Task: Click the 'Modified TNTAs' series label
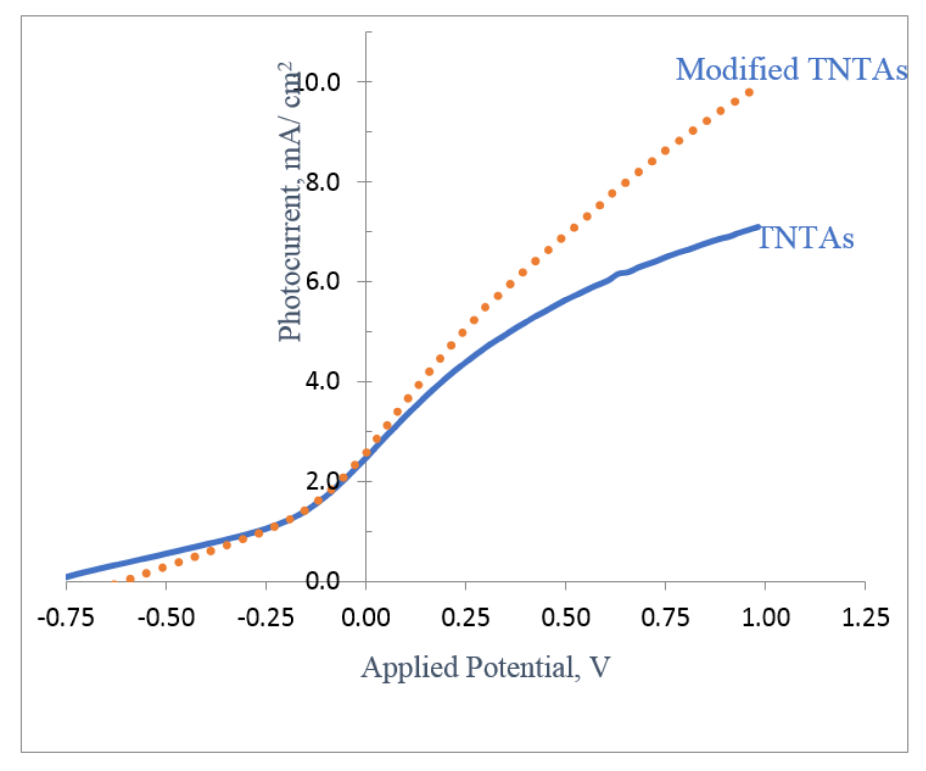point(791,70)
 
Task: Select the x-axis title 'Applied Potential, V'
point(485,667)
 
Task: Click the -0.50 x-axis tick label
point(166,618)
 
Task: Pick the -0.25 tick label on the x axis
point(266,618)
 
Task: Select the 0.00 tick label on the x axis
point(366,618)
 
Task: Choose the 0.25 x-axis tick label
point(466,618)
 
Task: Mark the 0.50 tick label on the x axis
point(565,618)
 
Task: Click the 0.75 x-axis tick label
point(665,618)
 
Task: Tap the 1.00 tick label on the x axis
point(765,618)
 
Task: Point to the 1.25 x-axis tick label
point(865,618)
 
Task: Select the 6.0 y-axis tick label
point(323,281)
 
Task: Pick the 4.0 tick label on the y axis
point(323,381)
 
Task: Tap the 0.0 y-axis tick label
point(323,581)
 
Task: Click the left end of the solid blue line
point(67,577)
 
